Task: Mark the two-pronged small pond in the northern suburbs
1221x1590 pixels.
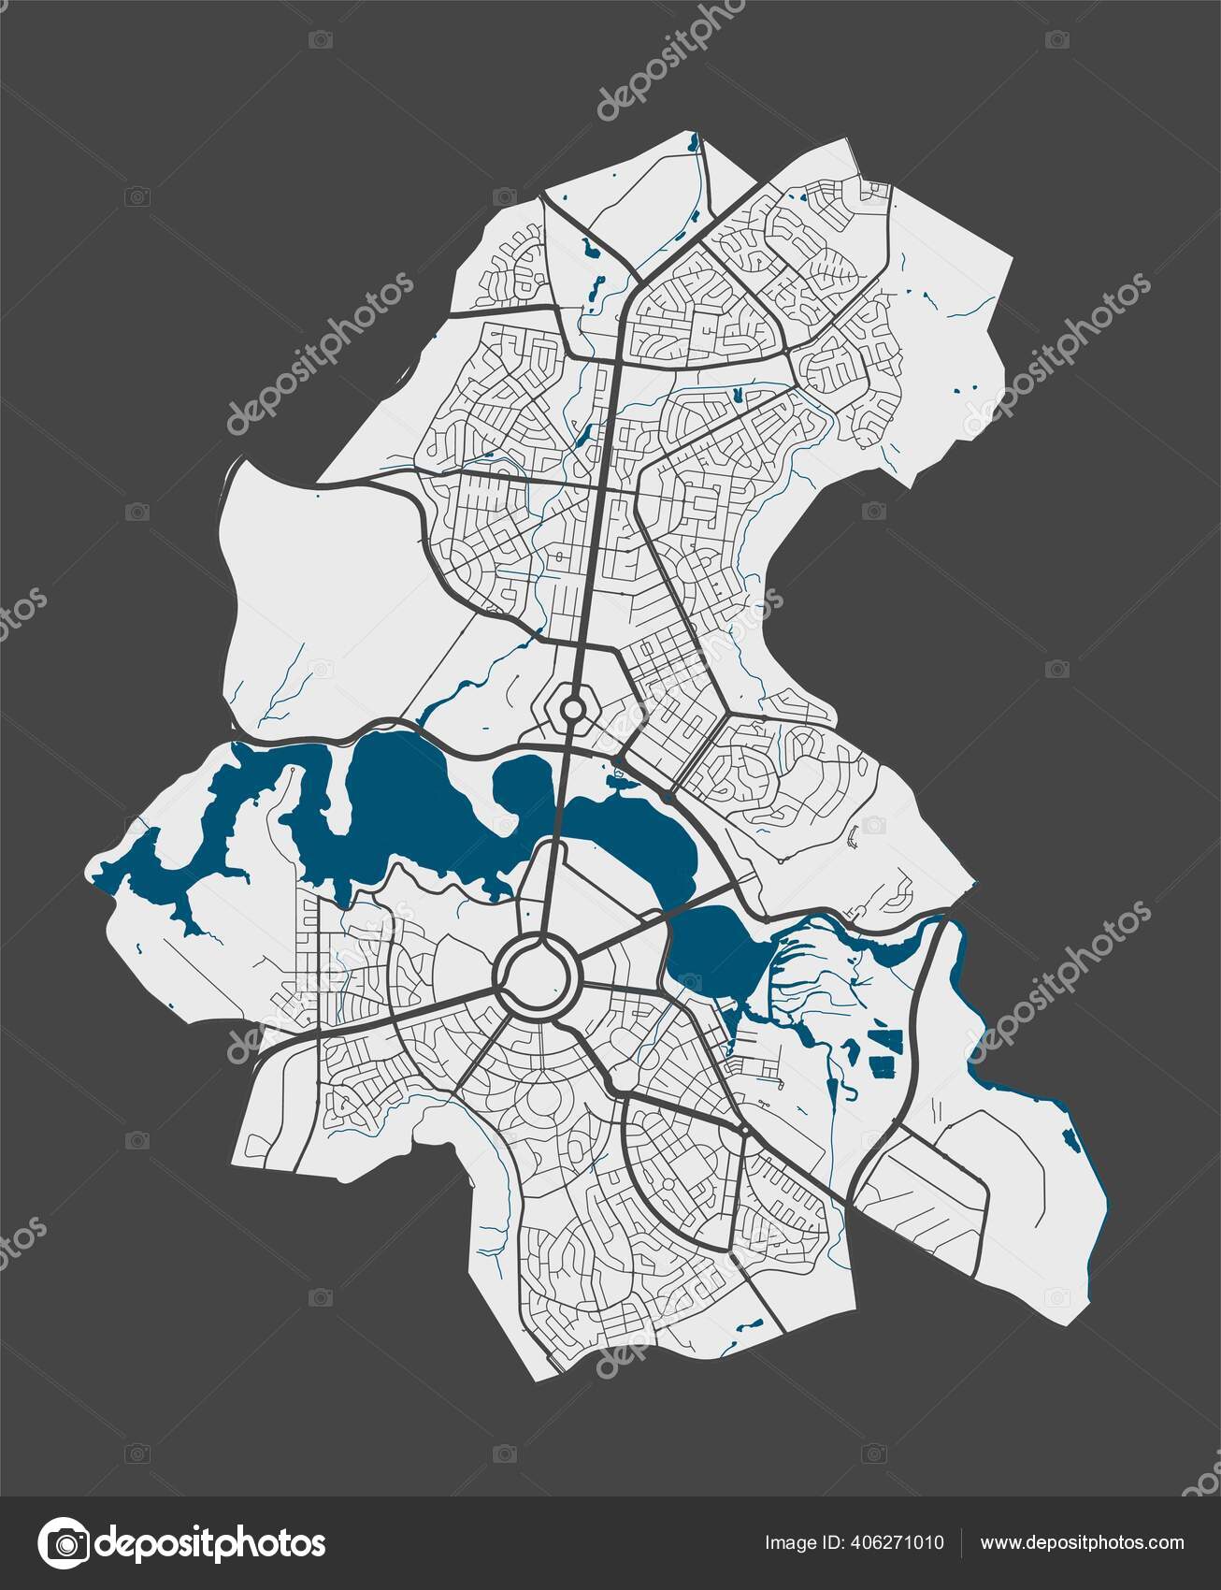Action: (x=738, y=396)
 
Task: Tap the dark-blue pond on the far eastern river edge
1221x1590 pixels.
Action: (x=1069, y=1138)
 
